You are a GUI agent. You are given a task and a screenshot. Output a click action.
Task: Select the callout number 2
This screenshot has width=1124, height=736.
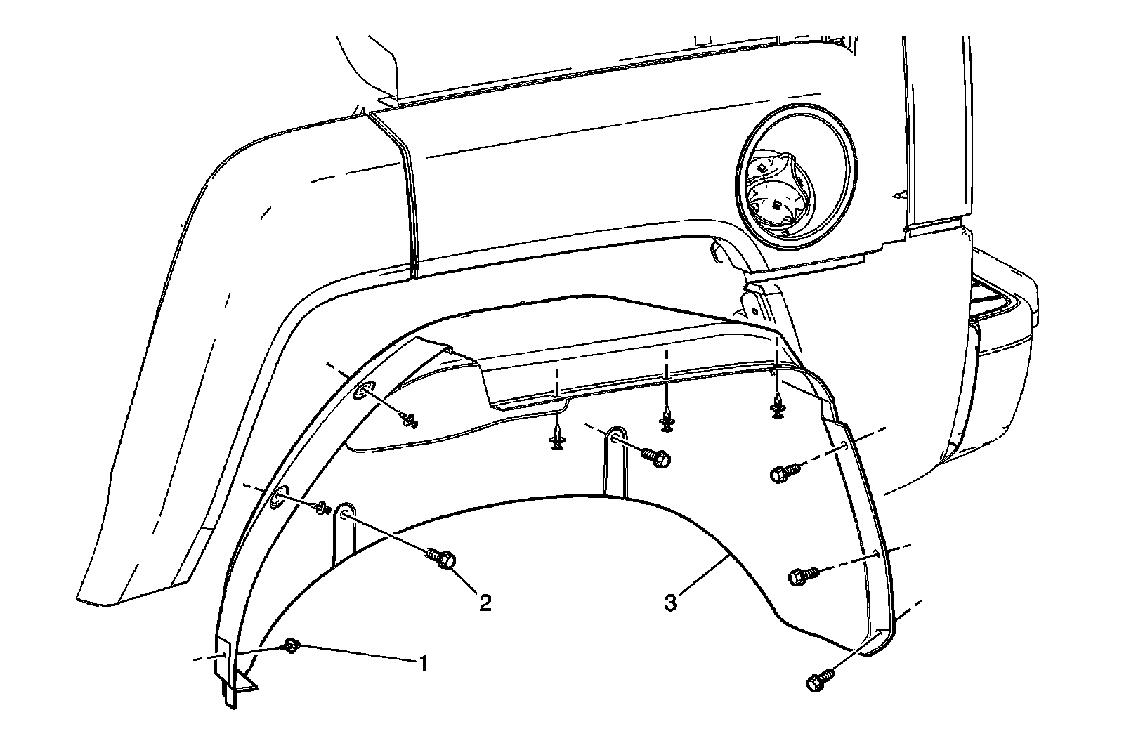(x=484, y=602)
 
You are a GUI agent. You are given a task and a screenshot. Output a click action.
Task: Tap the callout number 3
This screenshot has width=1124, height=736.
(x=671, y=601)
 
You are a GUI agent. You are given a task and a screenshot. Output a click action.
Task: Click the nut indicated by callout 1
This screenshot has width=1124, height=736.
(x=291, y=646)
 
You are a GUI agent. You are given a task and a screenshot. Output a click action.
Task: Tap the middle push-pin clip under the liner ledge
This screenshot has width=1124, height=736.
(x=667, y=421)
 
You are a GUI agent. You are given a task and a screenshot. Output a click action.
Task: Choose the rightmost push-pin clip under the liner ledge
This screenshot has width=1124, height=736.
(x=777, y=407)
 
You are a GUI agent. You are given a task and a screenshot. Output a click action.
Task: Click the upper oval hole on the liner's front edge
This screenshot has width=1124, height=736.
(x=364, y=392)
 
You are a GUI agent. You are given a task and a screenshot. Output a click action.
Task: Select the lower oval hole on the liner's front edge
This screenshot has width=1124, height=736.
(x=278, y=497)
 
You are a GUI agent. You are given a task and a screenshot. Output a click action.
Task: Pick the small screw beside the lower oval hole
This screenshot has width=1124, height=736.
(x=324, y=507)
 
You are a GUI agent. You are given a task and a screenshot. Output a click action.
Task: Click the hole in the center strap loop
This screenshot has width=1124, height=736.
(x=616, y=438)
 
